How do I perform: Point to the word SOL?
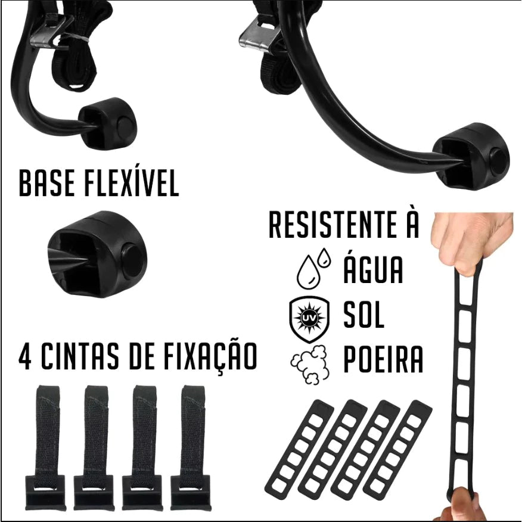point(364,315)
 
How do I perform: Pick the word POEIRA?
point(383,360)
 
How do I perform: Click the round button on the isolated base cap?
point(133,260)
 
